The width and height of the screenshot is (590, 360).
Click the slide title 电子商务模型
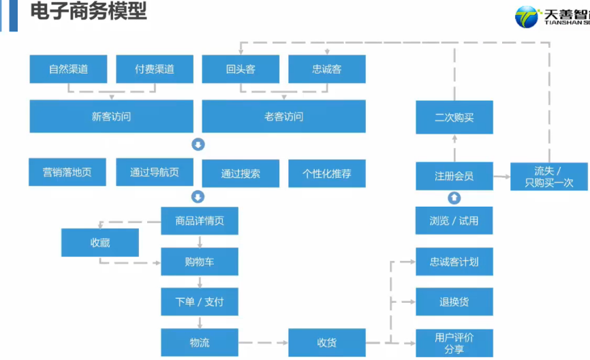pyautogui.click(x=89, y=12)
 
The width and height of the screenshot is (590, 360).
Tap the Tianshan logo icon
pyautogui.click(x=527, y=17)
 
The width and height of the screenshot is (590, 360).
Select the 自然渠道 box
pyautogui.click(x=68, y=69)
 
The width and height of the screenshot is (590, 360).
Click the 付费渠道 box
pyautogui.click(x=155, y=69)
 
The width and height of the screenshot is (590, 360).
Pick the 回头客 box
pyautogui.click(x=240, y=69)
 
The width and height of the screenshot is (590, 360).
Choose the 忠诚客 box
pyautogui.click(x=327, y=69)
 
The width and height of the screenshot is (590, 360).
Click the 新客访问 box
pyautogui.click(x=111, y=116)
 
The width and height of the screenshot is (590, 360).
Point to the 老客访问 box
pyautogui.click(x=283, y=116)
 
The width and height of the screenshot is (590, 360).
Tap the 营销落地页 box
pyautogui.click(x=68, y=172)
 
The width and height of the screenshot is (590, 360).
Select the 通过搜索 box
pyautogui.click(x=240, y=173)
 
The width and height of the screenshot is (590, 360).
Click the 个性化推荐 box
pyautogui.click(x=327, y=173)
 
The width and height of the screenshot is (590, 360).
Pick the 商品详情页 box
pyautogui.click(x=200, y=220)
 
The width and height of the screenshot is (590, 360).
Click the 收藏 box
pyautogui.click(x=100, y=243)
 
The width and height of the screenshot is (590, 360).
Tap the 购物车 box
pyautogui.click(x=200, y=261)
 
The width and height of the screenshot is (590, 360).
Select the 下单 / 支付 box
pyautogui.click(x=200, y=301)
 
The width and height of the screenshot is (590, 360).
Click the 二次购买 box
pyautogui.click(x=454, y=117)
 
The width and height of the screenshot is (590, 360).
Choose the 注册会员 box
pyautogui.click(x=454, y=176)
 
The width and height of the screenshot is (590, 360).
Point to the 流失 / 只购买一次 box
pyautogui.click(x=548, y=177)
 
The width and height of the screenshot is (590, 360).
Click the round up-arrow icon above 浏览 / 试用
pyautogui.click(x=454, y=198)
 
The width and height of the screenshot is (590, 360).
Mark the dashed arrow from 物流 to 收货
pyautogui.click(x=263, y=342)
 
